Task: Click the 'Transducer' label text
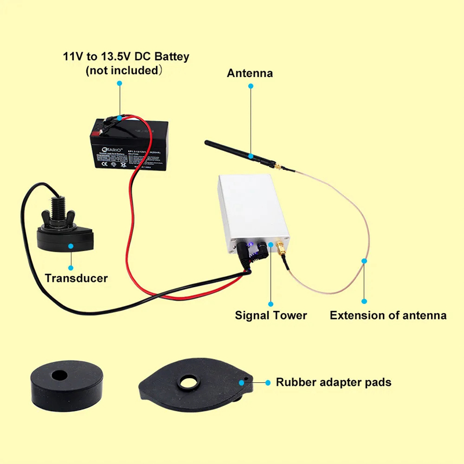pos(76,278)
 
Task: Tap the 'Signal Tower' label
pos(271,316)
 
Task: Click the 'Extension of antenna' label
pos(388,316)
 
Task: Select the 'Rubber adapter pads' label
pos(333,382)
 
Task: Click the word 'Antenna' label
pos(250,74)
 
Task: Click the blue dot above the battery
pos(119,84)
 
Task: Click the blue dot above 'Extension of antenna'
pos(364,301)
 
